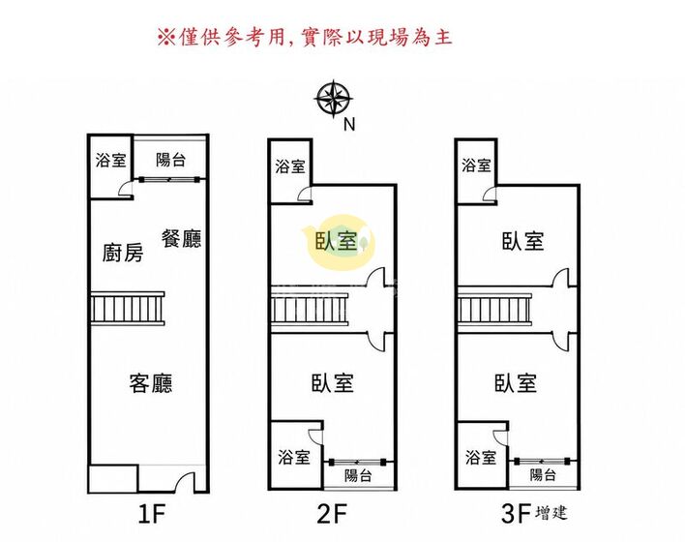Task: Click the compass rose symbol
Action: [x=334, y=99]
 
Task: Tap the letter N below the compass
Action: [x=349, y=125]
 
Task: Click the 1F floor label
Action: [x=151, y=514]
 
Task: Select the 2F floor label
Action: [x=332, y=514]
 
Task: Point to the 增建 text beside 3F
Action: [x=551, y=512]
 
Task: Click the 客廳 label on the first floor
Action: [x=151, y=383]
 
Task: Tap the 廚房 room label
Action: [x=123, y=253]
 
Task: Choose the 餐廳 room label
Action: [x=181, y=239]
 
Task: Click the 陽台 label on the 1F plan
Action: [x=171, y=160]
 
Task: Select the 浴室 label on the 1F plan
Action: [x=111, y=160]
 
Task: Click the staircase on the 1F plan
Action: [x=128, y=309]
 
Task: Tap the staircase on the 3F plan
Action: [x=494, y=310]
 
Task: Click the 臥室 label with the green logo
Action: [x=337, y=241]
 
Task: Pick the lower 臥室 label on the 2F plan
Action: [x=333, y=383]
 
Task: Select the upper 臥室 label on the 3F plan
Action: [x=522, y=241]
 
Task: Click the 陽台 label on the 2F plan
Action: [x=358, y=475]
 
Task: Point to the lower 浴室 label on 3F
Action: [x=481, y=458]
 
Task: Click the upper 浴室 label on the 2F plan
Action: [x=290, y=166]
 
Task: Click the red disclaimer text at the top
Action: [x=305, y=37]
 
